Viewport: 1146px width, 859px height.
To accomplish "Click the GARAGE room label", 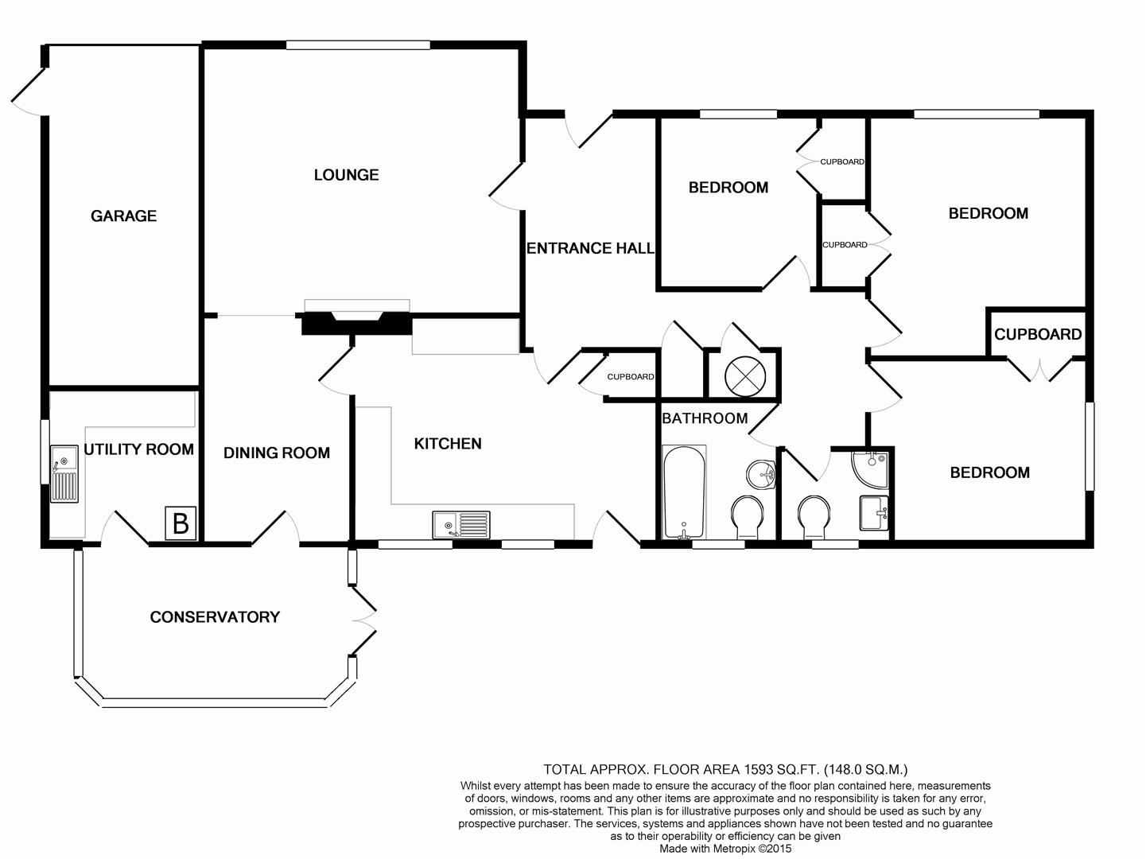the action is click(124, 216).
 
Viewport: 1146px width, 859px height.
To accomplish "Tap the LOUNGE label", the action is click(346, 174).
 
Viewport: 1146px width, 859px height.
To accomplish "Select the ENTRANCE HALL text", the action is click(590, 248).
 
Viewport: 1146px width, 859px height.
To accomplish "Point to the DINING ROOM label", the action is click(277, 453).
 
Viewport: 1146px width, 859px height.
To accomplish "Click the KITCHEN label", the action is click(448, 444).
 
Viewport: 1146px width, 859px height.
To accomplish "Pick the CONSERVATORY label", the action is click(215, 617).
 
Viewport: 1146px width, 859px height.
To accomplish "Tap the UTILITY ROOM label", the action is click(139, 449).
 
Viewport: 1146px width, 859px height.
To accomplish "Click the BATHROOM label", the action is click(705, 418).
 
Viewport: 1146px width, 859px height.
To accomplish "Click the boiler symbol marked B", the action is click(181, 523).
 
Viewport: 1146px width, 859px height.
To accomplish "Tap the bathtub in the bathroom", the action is click(684, 492).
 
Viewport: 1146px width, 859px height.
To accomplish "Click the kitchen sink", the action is click(461, 525).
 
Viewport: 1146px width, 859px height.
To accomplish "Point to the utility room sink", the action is click(64, 474).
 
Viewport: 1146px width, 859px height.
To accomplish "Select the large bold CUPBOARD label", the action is click(1038, 334).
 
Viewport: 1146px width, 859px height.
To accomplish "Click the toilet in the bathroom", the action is click(748, 517).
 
